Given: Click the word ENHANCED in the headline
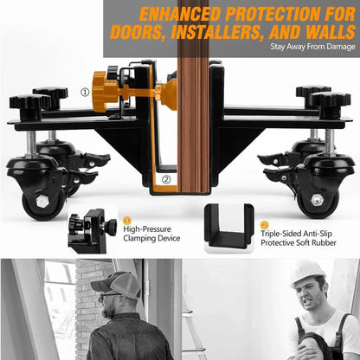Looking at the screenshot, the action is (181, 14).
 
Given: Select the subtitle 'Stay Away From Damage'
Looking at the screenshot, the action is (312, 47).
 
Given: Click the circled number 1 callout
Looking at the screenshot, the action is (85, 93).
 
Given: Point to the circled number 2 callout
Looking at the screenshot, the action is (166, 179).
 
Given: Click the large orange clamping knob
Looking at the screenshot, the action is (104, 92).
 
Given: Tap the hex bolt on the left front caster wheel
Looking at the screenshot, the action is (42, 201).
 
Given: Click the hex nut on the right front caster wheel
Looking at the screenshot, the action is (317, 199).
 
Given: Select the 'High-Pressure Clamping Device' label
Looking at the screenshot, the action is (151, 234).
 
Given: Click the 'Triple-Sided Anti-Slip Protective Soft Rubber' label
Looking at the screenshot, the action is (299, 238).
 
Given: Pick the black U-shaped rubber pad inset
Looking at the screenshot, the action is (228, 227).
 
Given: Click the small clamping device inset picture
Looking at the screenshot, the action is (93, 231).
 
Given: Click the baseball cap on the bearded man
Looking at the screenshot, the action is (118, 285).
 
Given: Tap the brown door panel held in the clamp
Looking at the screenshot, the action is (193, 97).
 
